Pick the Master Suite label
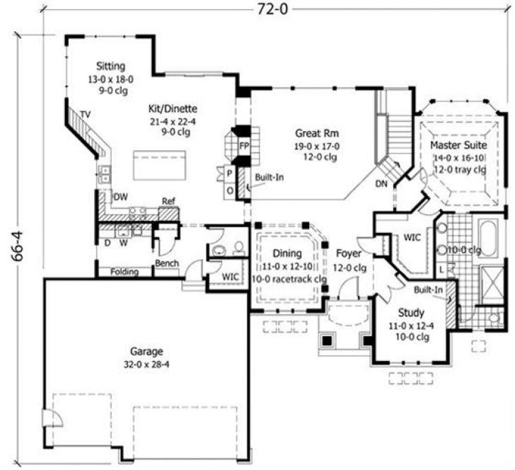458,145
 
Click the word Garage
146,351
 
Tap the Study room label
410,312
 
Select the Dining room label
287,253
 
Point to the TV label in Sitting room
85,114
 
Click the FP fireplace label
244,145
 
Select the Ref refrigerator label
168,201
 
